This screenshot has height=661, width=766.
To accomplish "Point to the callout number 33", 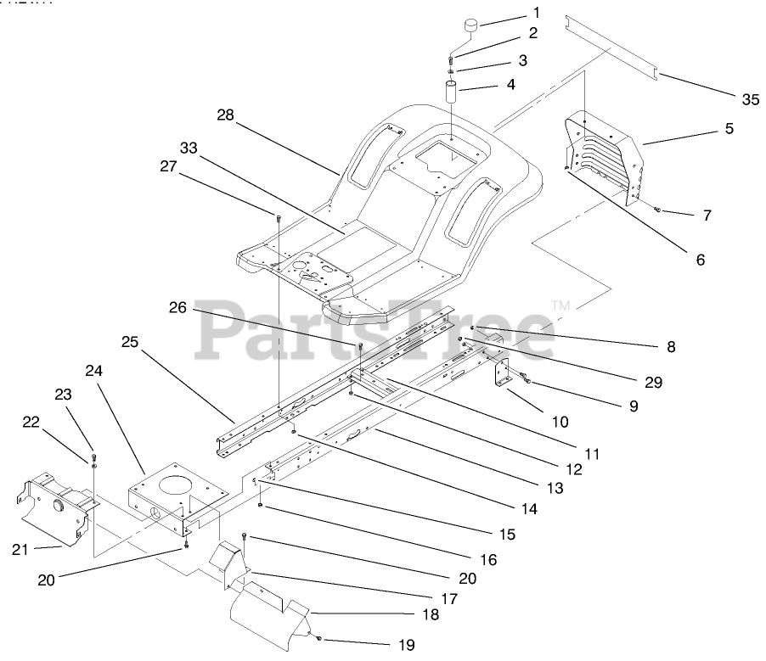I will (x=189, y=147).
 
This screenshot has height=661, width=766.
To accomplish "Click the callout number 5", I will (x=729, y=129).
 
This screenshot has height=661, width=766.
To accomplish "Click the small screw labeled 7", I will (x=659, y=210).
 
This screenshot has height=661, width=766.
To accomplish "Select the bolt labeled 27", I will (x=279, y=218).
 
